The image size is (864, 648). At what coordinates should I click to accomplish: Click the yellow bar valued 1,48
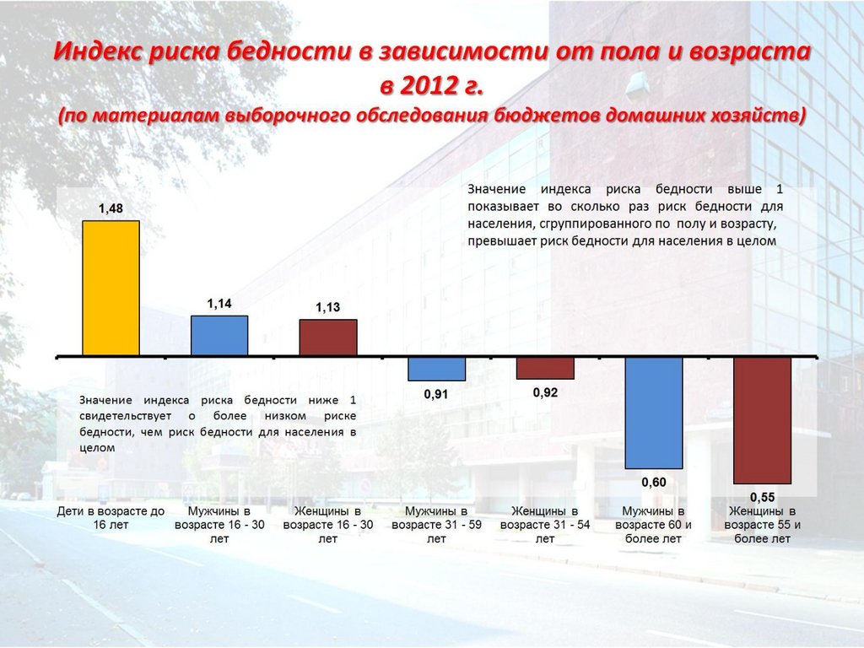click(x=111, y=287)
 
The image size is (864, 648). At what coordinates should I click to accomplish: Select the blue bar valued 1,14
click(x=219, y=335)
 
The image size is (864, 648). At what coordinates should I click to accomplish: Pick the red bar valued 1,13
click(x=328, y=337)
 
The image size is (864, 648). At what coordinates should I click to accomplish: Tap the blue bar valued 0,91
click(x=436, y=369)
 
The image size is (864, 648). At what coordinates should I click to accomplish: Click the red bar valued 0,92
click(x=545, y=368)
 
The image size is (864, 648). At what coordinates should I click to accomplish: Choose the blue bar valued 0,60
click(x=654, y=413)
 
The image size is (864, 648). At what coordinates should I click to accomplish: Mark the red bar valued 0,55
click(x=762, y=419)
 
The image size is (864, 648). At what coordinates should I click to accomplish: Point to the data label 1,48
click(x=111, y=207)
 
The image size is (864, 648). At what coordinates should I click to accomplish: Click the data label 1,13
click(x=328, y=308)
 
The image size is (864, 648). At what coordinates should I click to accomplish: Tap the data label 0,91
click(x=436, y=394)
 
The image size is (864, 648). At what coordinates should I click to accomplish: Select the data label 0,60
click(x=654, y=482)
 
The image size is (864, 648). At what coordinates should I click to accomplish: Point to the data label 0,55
click(x=762, y=496)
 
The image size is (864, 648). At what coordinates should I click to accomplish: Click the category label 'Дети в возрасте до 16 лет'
click(x=111, y=517)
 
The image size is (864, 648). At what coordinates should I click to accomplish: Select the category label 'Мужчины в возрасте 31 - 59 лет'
click(x=436, y=524)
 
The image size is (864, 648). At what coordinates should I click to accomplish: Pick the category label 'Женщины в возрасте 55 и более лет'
click(x=762, y=524)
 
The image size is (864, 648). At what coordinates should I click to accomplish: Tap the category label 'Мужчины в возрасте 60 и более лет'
click(x=654, y=524)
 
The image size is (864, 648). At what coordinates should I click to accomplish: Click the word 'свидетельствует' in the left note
click(x=125, y=416)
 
